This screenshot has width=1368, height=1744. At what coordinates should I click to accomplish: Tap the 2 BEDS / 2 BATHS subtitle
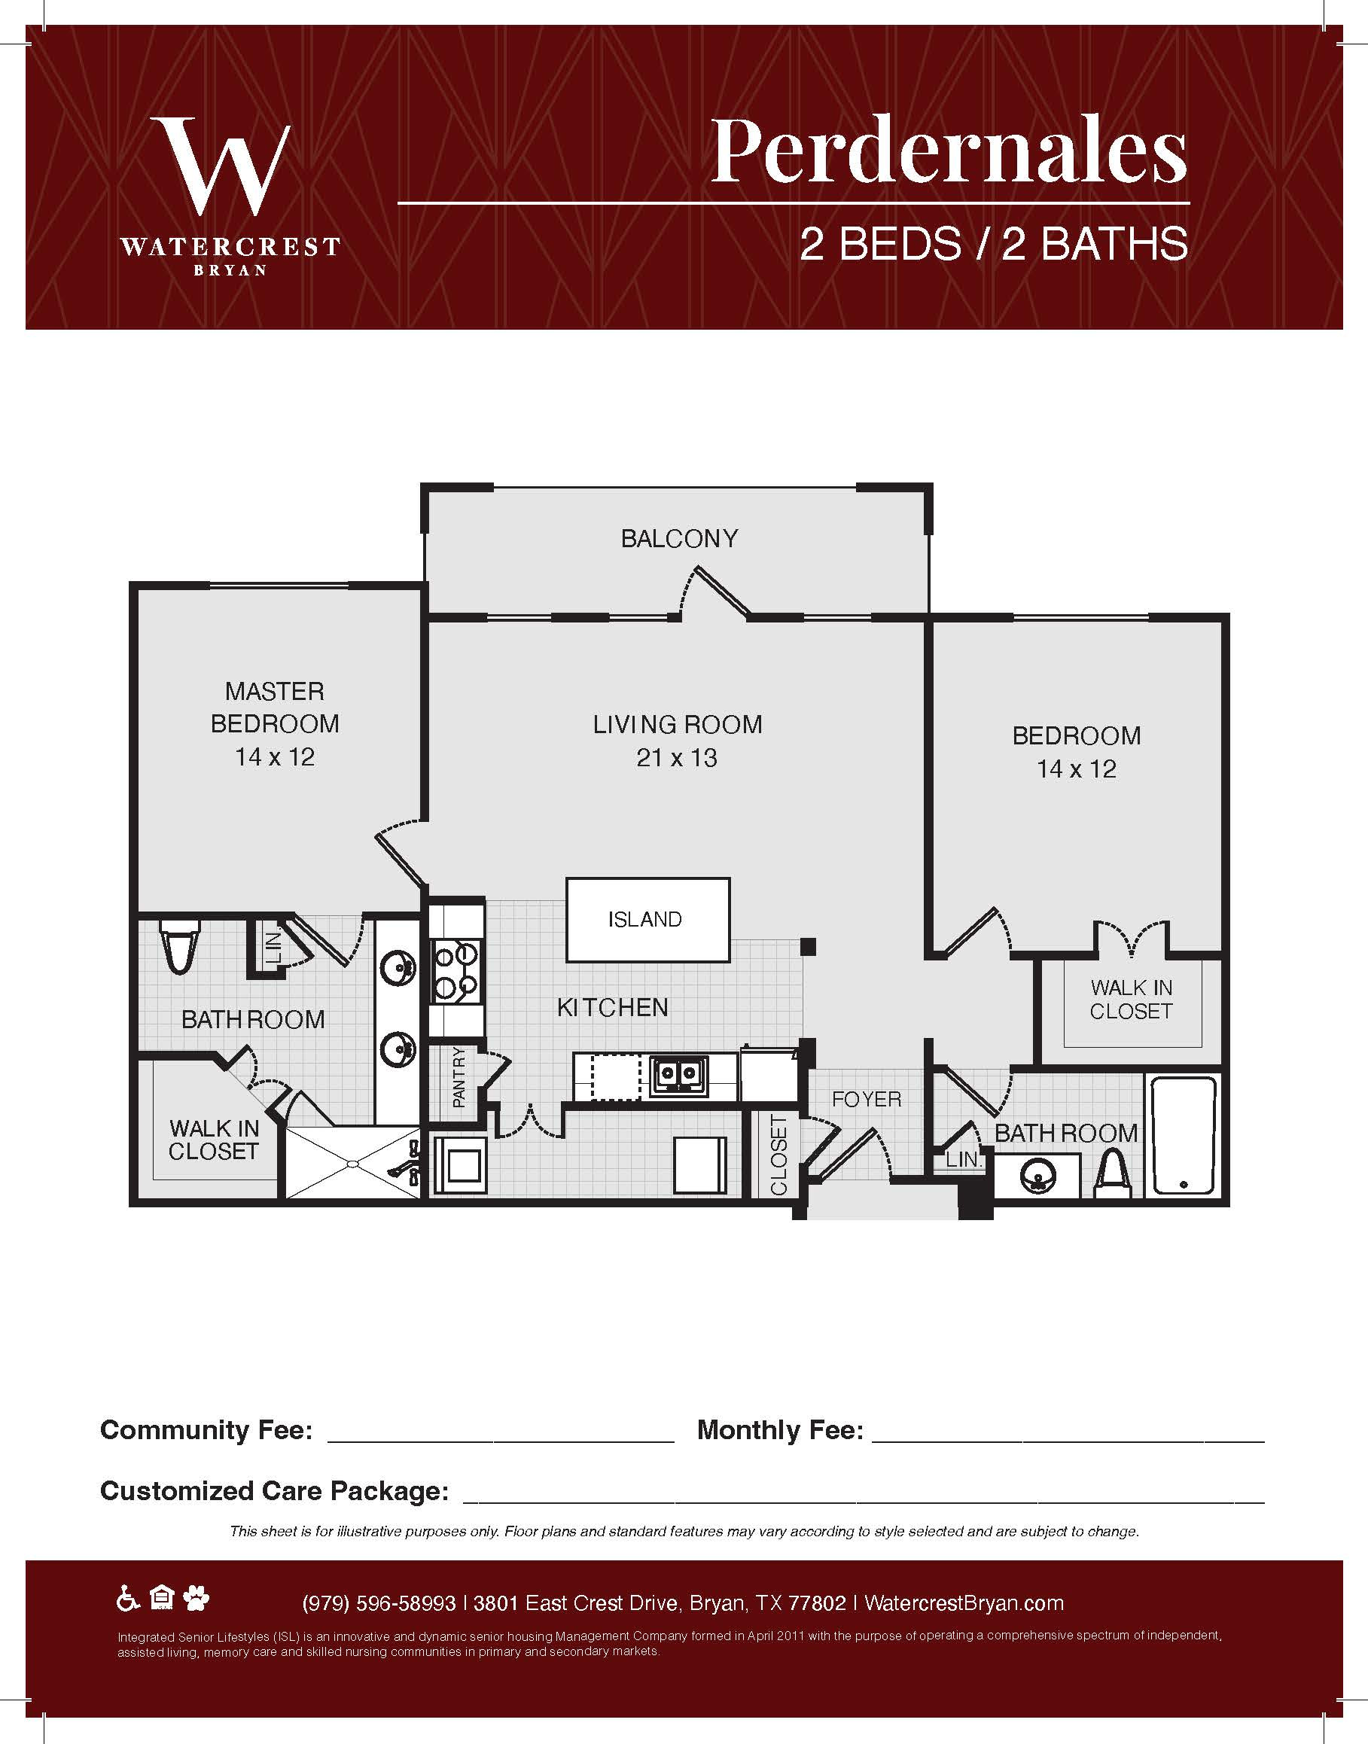994,243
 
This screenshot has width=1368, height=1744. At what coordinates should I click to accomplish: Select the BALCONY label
679,538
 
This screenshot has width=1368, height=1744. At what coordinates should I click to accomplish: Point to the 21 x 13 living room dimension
677,757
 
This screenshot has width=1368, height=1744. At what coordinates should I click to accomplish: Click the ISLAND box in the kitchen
648,919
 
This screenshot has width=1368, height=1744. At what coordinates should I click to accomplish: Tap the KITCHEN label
613,1007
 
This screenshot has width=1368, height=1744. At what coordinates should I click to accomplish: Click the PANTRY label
459,1077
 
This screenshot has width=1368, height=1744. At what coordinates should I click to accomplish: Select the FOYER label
867,1100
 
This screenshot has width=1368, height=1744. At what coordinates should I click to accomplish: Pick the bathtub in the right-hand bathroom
1184,1134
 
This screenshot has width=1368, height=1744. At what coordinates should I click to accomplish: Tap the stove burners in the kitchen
455,972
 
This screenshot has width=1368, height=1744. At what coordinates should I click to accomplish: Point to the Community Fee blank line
501,1441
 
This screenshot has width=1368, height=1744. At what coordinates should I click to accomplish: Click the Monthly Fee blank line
1068,1441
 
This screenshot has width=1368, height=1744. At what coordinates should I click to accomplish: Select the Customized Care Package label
274,1491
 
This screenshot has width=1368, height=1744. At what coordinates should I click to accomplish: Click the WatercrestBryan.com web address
964,1603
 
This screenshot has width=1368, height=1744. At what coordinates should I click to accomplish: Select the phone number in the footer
379,1603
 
